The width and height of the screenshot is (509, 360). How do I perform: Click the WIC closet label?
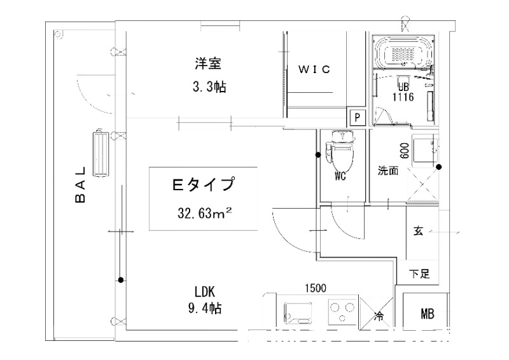click(x=314, y=69)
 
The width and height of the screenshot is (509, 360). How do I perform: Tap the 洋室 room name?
click(x=208, y=64)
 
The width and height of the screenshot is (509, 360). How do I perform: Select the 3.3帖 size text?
click(x=209, y=87)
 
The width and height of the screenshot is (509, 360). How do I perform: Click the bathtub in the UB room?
click(x=403, y=52)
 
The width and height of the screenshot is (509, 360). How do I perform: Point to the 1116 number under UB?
click(x=403, y=97)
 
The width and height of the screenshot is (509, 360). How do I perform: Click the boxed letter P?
click(x=358, y=117)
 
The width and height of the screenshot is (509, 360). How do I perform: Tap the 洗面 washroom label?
click(x=388, y=170)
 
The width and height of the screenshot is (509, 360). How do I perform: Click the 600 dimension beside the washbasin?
click(x=405, y=151)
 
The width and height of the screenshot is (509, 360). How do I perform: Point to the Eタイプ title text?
click(x=203, y=184)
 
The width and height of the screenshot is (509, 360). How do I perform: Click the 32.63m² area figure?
click(x=204, y=213)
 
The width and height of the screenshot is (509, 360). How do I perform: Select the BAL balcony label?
click(x=80, y=184)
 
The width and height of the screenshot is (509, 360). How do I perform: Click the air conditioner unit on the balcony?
click(x=101, y=153)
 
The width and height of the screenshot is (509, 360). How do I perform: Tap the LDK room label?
click(x=205, y=292)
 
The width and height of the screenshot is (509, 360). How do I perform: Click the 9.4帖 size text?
click(x=205, y=308)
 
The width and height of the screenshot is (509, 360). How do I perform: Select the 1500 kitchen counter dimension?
click(x=316, y=288)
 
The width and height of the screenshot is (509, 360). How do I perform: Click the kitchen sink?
click(x=298, y=312)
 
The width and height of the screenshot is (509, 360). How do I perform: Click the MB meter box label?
click(x=427, y=314)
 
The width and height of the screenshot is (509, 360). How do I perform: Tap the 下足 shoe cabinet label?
click(x=419, y=273)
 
